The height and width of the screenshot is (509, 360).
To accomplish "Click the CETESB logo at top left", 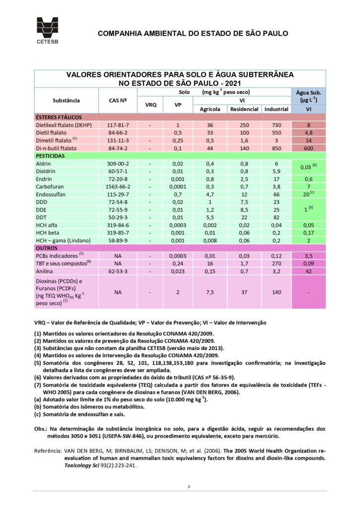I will (47, 31).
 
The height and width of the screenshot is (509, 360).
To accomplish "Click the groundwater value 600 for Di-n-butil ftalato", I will (309, 148).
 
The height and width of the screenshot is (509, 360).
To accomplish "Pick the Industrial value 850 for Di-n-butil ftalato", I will (276, 148).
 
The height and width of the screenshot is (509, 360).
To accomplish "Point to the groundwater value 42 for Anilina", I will (309, 271).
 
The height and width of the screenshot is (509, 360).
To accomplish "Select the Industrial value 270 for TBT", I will (276, 263).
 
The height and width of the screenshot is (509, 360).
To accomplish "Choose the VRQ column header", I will (150, 105).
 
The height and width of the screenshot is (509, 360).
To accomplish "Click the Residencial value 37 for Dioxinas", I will (244, 292).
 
